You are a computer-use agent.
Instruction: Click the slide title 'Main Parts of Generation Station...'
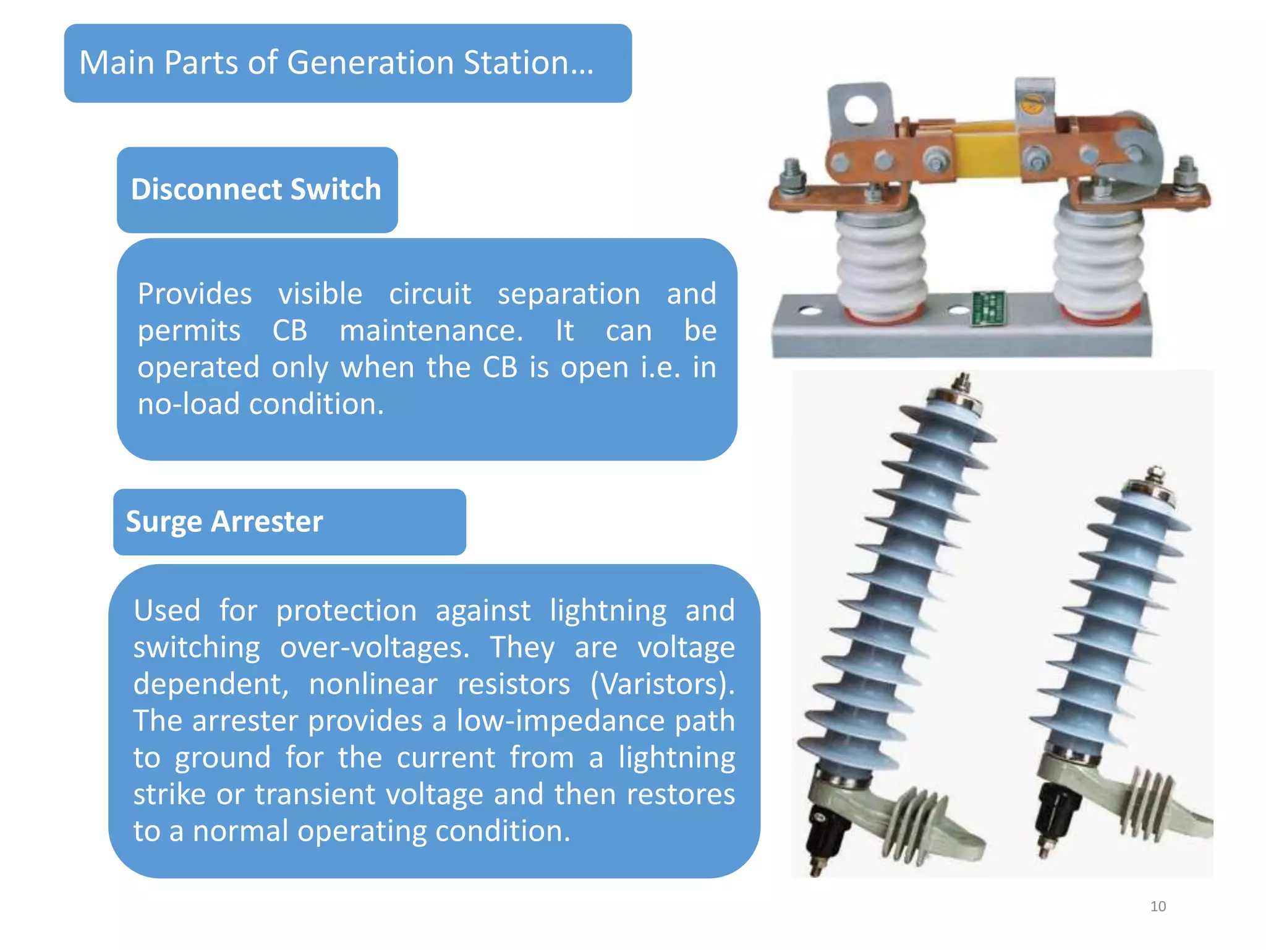pos(337,63)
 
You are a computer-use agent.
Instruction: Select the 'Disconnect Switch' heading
pos(256,189)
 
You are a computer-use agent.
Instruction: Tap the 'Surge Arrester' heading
pos(224,521)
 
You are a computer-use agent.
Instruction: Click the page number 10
pos(1158,906)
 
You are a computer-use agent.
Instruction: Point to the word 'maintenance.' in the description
pos(431,330)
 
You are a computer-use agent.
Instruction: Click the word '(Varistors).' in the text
pos(662,684)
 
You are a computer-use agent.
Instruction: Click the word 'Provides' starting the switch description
pos(195,294)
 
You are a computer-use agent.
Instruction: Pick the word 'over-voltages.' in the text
pos(375,648)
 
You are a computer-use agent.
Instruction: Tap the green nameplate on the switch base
pos(988,307)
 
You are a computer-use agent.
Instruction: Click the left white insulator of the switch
pos(881,260)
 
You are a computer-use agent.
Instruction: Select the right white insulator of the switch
pos(1098,260)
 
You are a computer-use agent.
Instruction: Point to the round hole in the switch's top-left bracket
pos(860,110)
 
